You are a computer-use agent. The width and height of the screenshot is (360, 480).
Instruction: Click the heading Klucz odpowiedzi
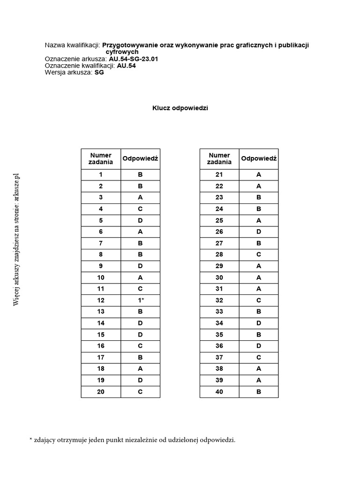click(x=180, y=108)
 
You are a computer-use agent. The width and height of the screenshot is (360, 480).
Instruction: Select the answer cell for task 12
click(x=140, y=300)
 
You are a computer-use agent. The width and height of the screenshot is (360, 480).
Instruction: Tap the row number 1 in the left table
click(x=100, y=174)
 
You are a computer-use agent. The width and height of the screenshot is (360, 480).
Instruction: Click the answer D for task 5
click(x=140, y=220)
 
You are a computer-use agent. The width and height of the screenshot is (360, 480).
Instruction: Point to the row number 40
click(x=219, y=392)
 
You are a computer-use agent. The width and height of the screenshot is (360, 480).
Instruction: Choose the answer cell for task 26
click(x=259, y=232)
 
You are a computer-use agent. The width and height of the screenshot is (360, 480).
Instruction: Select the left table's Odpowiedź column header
click(x=140, y=158)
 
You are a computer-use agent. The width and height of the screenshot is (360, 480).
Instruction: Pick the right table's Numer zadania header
click(x=219, y=158)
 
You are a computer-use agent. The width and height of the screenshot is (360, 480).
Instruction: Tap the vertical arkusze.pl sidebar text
click(x=17, y=240)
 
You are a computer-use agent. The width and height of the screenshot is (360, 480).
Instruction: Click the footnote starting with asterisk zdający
click(x=133, y=440)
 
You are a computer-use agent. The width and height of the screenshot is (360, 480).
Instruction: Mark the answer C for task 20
click(x=140, y=392)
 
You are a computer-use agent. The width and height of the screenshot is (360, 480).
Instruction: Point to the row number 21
click(x=219, y=174)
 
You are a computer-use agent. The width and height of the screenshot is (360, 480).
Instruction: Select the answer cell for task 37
click(x=259, y=358)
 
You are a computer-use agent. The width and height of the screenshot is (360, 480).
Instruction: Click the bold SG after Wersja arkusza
click(x=99, y=72)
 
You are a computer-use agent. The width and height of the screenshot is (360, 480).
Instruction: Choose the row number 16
click(x=100, y=346)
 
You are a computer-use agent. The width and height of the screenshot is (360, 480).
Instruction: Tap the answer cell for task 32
click(x=259, y=300)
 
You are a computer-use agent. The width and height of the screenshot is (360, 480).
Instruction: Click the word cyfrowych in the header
click(x=122, y=52)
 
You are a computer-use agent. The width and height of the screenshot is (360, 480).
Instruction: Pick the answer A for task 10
click(x=140, y=277)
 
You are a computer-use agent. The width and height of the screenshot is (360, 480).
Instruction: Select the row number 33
click(x=219, y=312)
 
